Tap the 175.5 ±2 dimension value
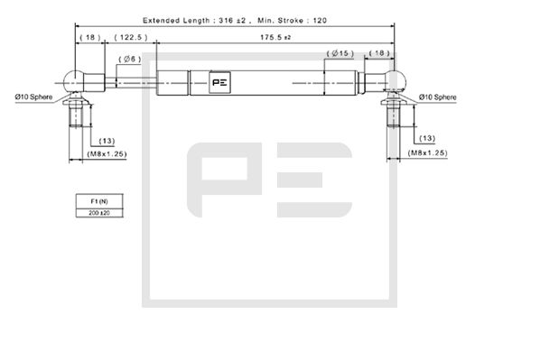(x=274, y=38)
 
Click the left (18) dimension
(x=89, y=38)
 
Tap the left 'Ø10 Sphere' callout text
(x=33, y=97)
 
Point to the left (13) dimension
(x=106, y=141)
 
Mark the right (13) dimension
(x=427, y=138)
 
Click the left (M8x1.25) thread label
(x=105, y=154)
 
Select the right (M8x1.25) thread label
(x=427, y=154)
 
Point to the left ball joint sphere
(x=77, y=79)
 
